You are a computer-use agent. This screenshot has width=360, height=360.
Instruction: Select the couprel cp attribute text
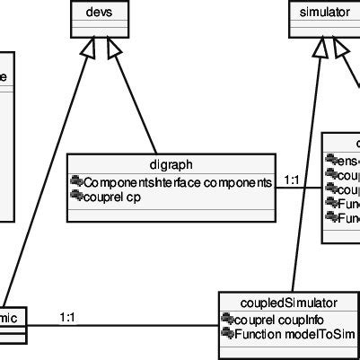pos(112,196)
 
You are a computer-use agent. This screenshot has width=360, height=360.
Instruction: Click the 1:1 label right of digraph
pos(292,180)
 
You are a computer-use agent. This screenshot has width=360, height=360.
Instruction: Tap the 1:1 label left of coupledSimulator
pos(67,316)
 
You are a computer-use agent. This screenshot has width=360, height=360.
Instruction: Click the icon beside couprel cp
pos(76,196)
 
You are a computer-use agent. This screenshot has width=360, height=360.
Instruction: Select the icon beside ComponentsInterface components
pos(76,182)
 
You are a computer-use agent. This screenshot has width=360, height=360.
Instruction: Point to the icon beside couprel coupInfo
pos(228,320)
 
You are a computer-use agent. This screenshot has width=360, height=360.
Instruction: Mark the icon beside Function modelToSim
pos(228,333)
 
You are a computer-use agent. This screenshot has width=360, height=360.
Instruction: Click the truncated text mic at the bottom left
pos(14,315)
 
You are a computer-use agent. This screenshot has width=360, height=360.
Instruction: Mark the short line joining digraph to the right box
pos(301,189)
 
